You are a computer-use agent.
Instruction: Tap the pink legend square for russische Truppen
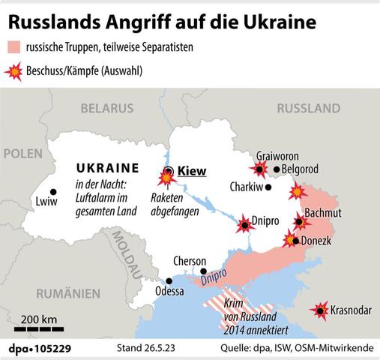click(x=16, y=47)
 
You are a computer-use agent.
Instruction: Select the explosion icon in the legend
click(x=16, y=71)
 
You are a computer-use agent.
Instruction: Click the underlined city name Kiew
click(x=192, y=172)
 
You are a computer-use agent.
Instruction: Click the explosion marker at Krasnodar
click(x=322, y=310)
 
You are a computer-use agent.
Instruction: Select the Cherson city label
click(x=189, y=260)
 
